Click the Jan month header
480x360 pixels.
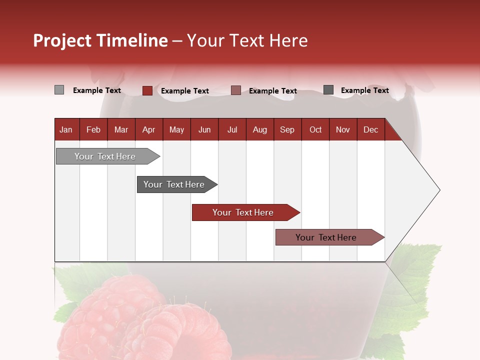click(66, 130)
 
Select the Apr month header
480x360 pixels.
click(148, 130)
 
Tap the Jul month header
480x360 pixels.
click(232, 130)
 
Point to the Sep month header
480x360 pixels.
click(287, 130)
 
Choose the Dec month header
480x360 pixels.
click(370, 130)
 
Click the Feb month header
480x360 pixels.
click(93, 130)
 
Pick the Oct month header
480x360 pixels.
click(315, 130)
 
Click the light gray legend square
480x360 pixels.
click(59, 90)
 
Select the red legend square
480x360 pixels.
click(147, 90)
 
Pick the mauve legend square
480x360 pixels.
click(236, 90)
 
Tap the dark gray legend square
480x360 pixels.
click(328, 90)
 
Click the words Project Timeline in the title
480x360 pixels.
click(100, 40)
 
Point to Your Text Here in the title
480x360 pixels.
click(247, 40)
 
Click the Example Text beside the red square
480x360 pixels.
click(185, 91)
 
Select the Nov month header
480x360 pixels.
click(343, 130)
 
